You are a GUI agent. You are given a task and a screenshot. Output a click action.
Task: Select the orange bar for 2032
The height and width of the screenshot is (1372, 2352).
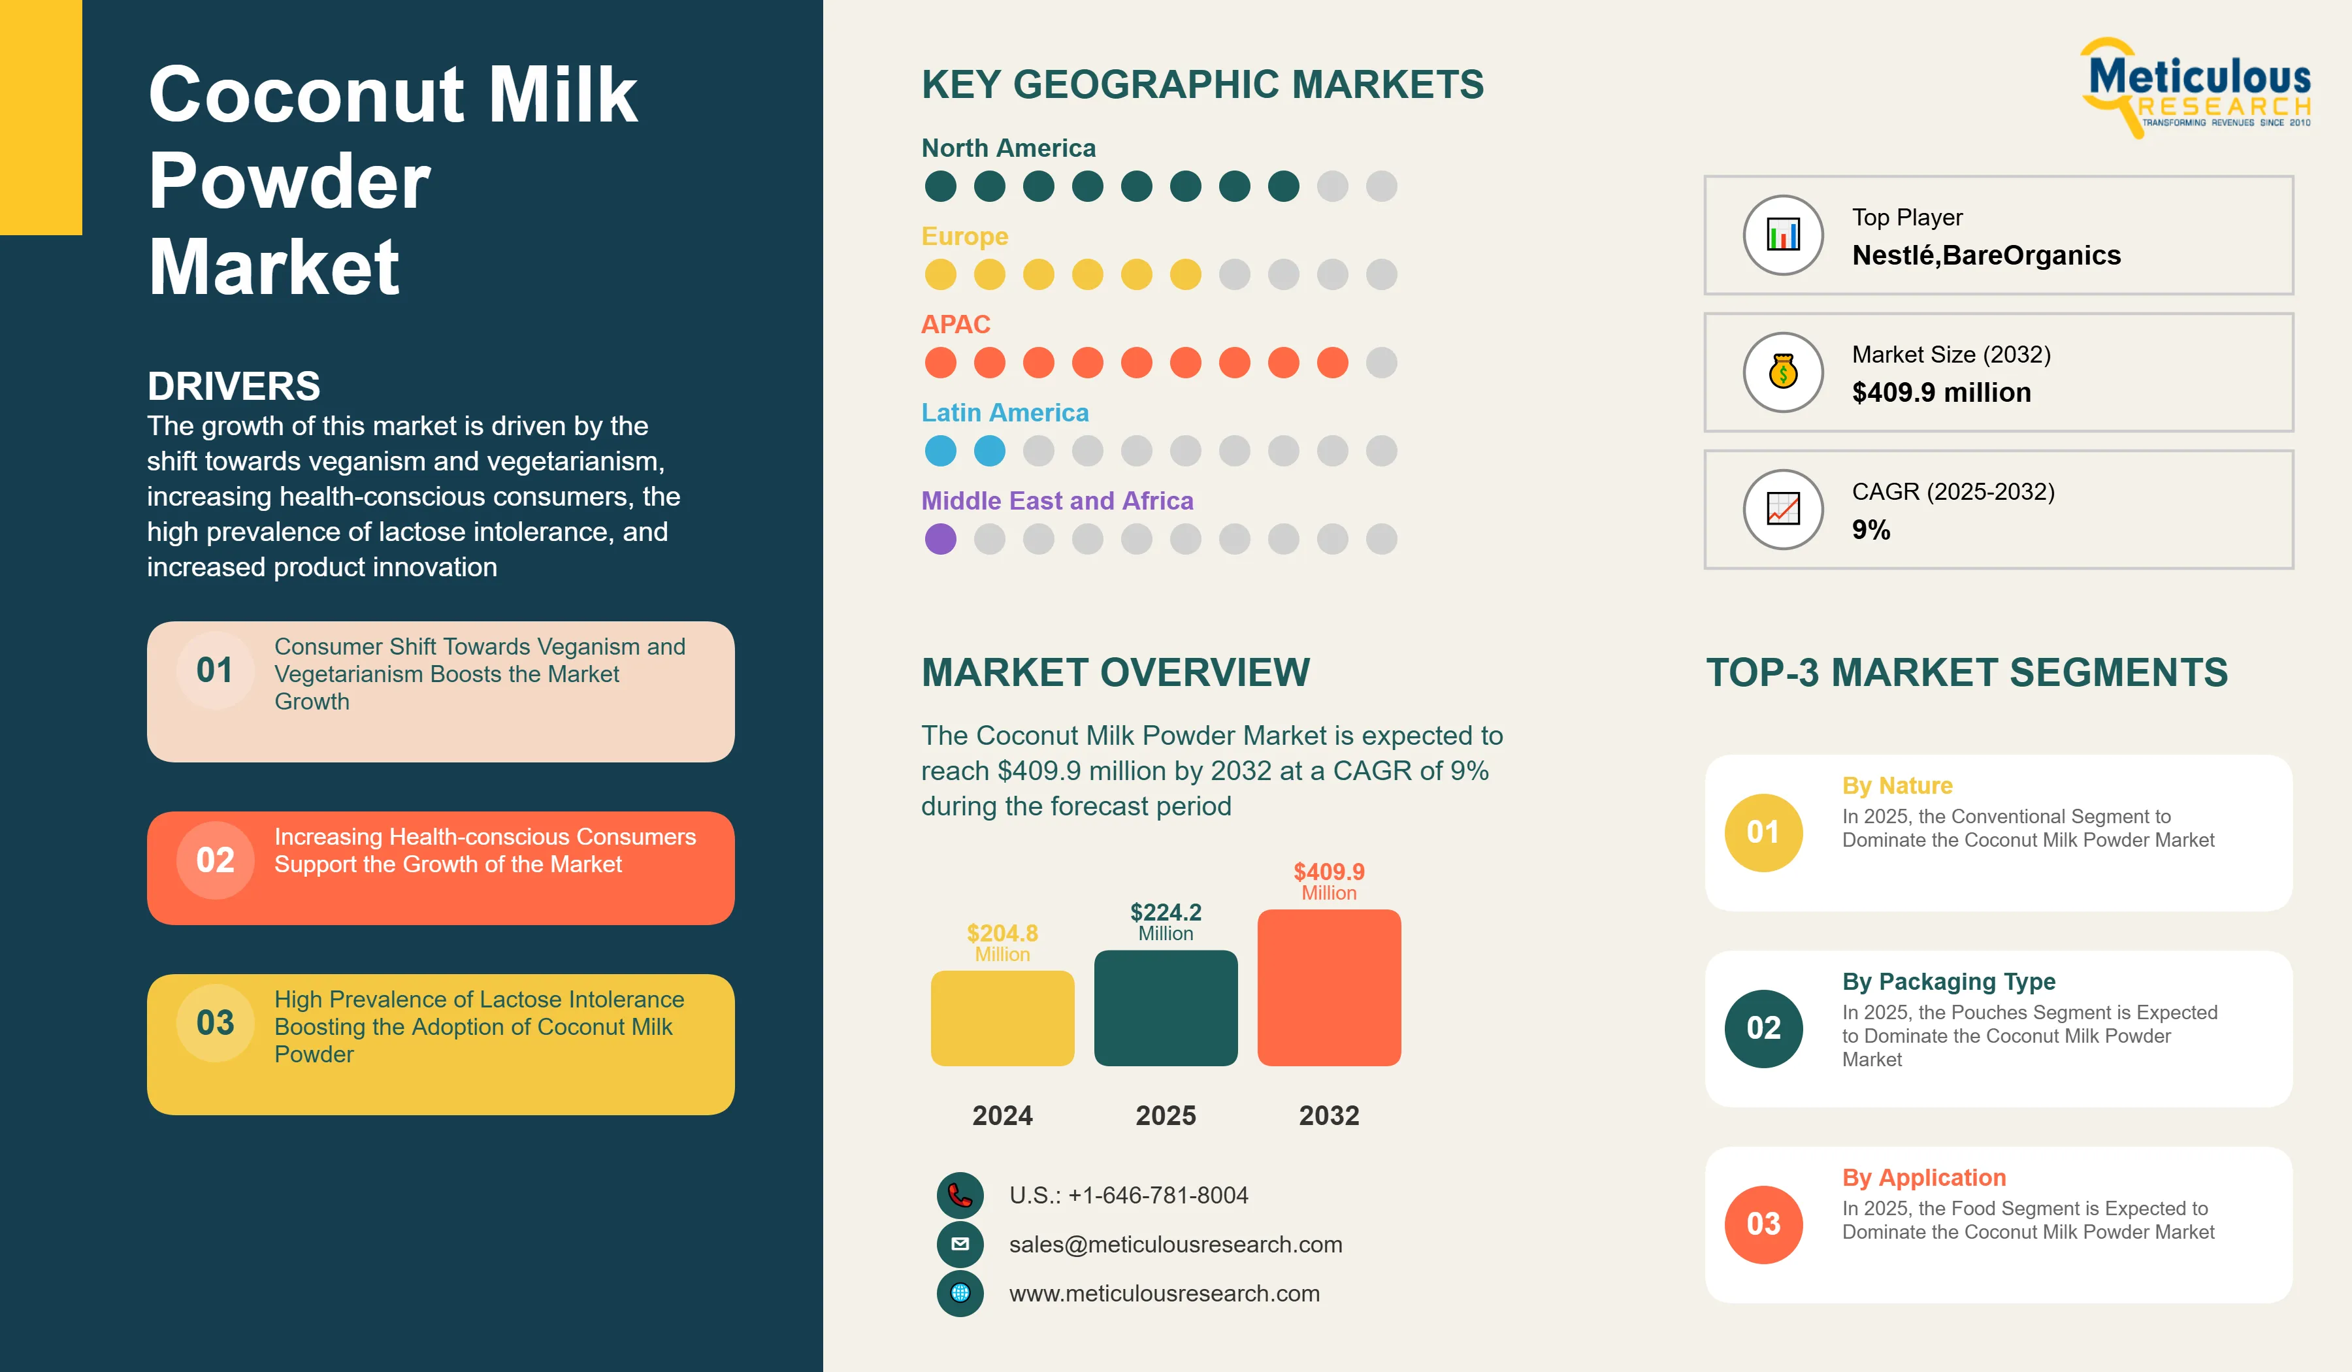point(1329,987)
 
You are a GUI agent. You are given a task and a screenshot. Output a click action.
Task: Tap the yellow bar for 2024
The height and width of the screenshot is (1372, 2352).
point(1002,1019)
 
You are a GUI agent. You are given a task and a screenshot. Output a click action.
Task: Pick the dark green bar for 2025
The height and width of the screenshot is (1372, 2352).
point(1166,1008)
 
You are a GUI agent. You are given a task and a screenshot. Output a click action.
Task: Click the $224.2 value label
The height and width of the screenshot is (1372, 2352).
point(1166,912)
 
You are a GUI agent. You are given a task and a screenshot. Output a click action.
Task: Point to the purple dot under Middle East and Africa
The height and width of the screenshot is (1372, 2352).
point(941,538)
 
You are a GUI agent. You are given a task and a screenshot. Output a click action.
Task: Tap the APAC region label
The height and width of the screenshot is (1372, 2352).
point(956,324)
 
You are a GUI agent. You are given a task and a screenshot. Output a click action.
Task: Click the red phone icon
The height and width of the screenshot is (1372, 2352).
point(960,1196)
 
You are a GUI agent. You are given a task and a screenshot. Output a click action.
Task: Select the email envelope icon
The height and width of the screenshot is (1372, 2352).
point(960,1244)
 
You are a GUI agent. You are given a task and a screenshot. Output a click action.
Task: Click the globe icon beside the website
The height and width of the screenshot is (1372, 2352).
point(960,1294)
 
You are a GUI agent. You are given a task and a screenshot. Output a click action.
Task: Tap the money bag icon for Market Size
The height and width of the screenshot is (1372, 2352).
point(1783,372)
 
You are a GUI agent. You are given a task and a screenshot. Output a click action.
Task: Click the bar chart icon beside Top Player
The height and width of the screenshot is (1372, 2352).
point(1783,235)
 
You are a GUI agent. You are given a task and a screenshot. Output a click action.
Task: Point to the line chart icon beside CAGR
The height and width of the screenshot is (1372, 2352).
point(1783,509)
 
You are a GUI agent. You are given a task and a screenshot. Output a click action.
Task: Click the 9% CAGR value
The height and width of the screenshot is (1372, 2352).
point(1870,530)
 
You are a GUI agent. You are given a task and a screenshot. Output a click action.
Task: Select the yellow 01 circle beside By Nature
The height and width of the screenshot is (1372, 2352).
point(1763,832)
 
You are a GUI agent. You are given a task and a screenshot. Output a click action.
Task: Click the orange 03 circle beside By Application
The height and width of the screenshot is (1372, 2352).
point(1763,1224)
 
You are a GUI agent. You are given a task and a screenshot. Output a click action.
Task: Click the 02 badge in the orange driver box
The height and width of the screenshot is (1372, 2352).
point(216,860)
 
